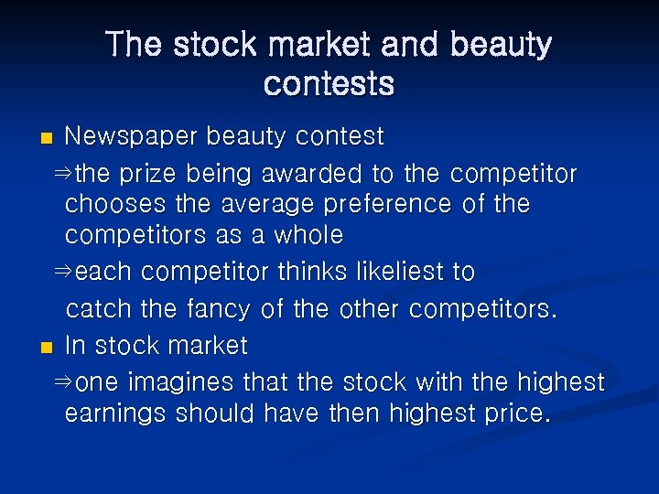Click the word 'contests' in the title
pyautogui.click(x=329, y=83)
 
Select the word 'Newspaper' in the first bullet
pyautogui.click(x=131, y=137)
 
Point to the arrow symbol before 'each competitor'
pyautogui.click(x=63, y=273)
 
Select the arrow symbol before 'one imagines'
pyautogui.click(x=63, y=381)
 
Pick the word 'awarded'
pyautogui.click(x=313, y=172)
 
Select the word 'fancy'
pyautogui.click(x=217, y=310)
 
